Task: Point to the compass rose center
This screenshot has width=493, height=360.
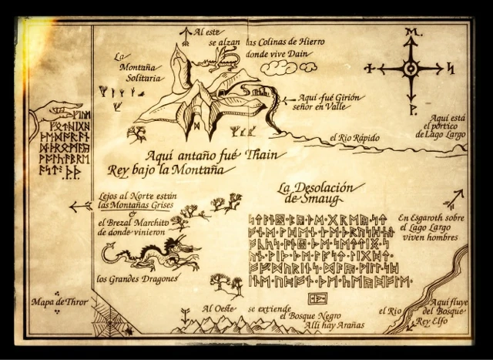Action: (x=411, y=69)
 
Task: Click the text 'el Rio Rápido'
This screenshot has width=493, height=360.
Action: (x=354, y=138)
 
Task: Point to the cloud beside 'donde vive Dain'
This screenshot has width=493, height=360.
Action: (x=278, y=68)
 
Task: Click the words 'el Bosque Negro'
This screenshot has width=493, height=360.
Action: (x=309, y=315)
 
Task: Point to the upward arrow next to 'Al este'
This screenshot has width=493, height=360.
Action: (x=184, y=33)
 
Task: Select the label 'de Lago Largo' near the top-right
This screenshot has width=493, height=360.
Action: (x=441, y=133)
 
